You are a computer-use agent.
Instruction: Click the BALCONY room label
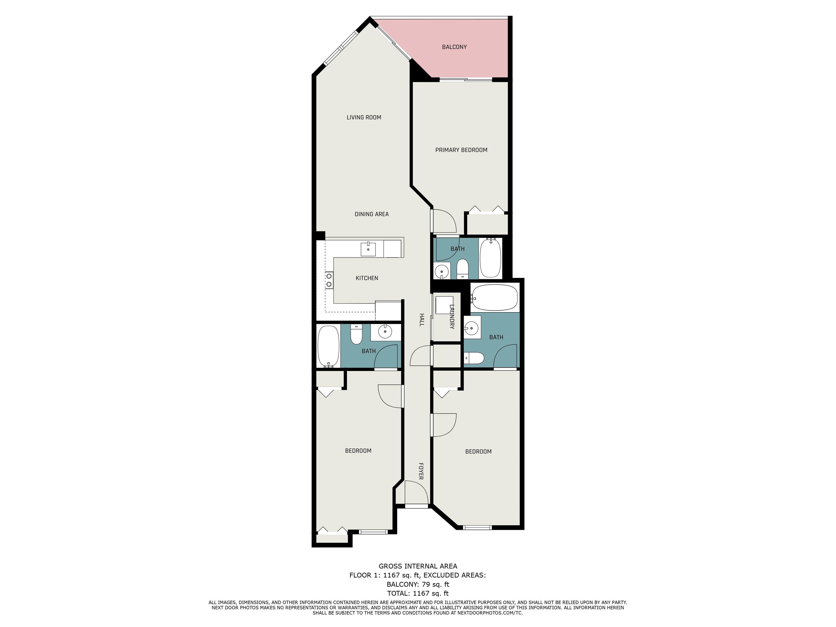454,47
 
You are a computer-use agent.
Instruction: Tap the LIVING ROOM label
364,117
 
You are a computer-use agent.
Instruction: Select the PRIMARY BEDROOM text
461,150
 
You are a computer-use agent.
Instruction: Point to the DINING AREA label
371,214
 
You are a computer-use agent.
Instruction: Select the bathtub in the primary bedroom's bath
490,258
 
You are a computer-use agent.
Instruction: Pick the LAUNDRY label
452,317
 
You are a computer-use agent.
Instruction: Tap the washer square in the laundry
444,305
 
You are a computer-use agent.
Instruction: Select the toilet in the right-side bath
474,358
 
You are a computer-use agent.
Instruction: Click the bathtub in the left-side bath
328,346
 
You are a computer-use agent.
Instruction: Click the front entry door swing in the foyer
417,493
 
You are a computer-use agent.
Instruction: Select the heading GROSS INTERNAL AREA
418,566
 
